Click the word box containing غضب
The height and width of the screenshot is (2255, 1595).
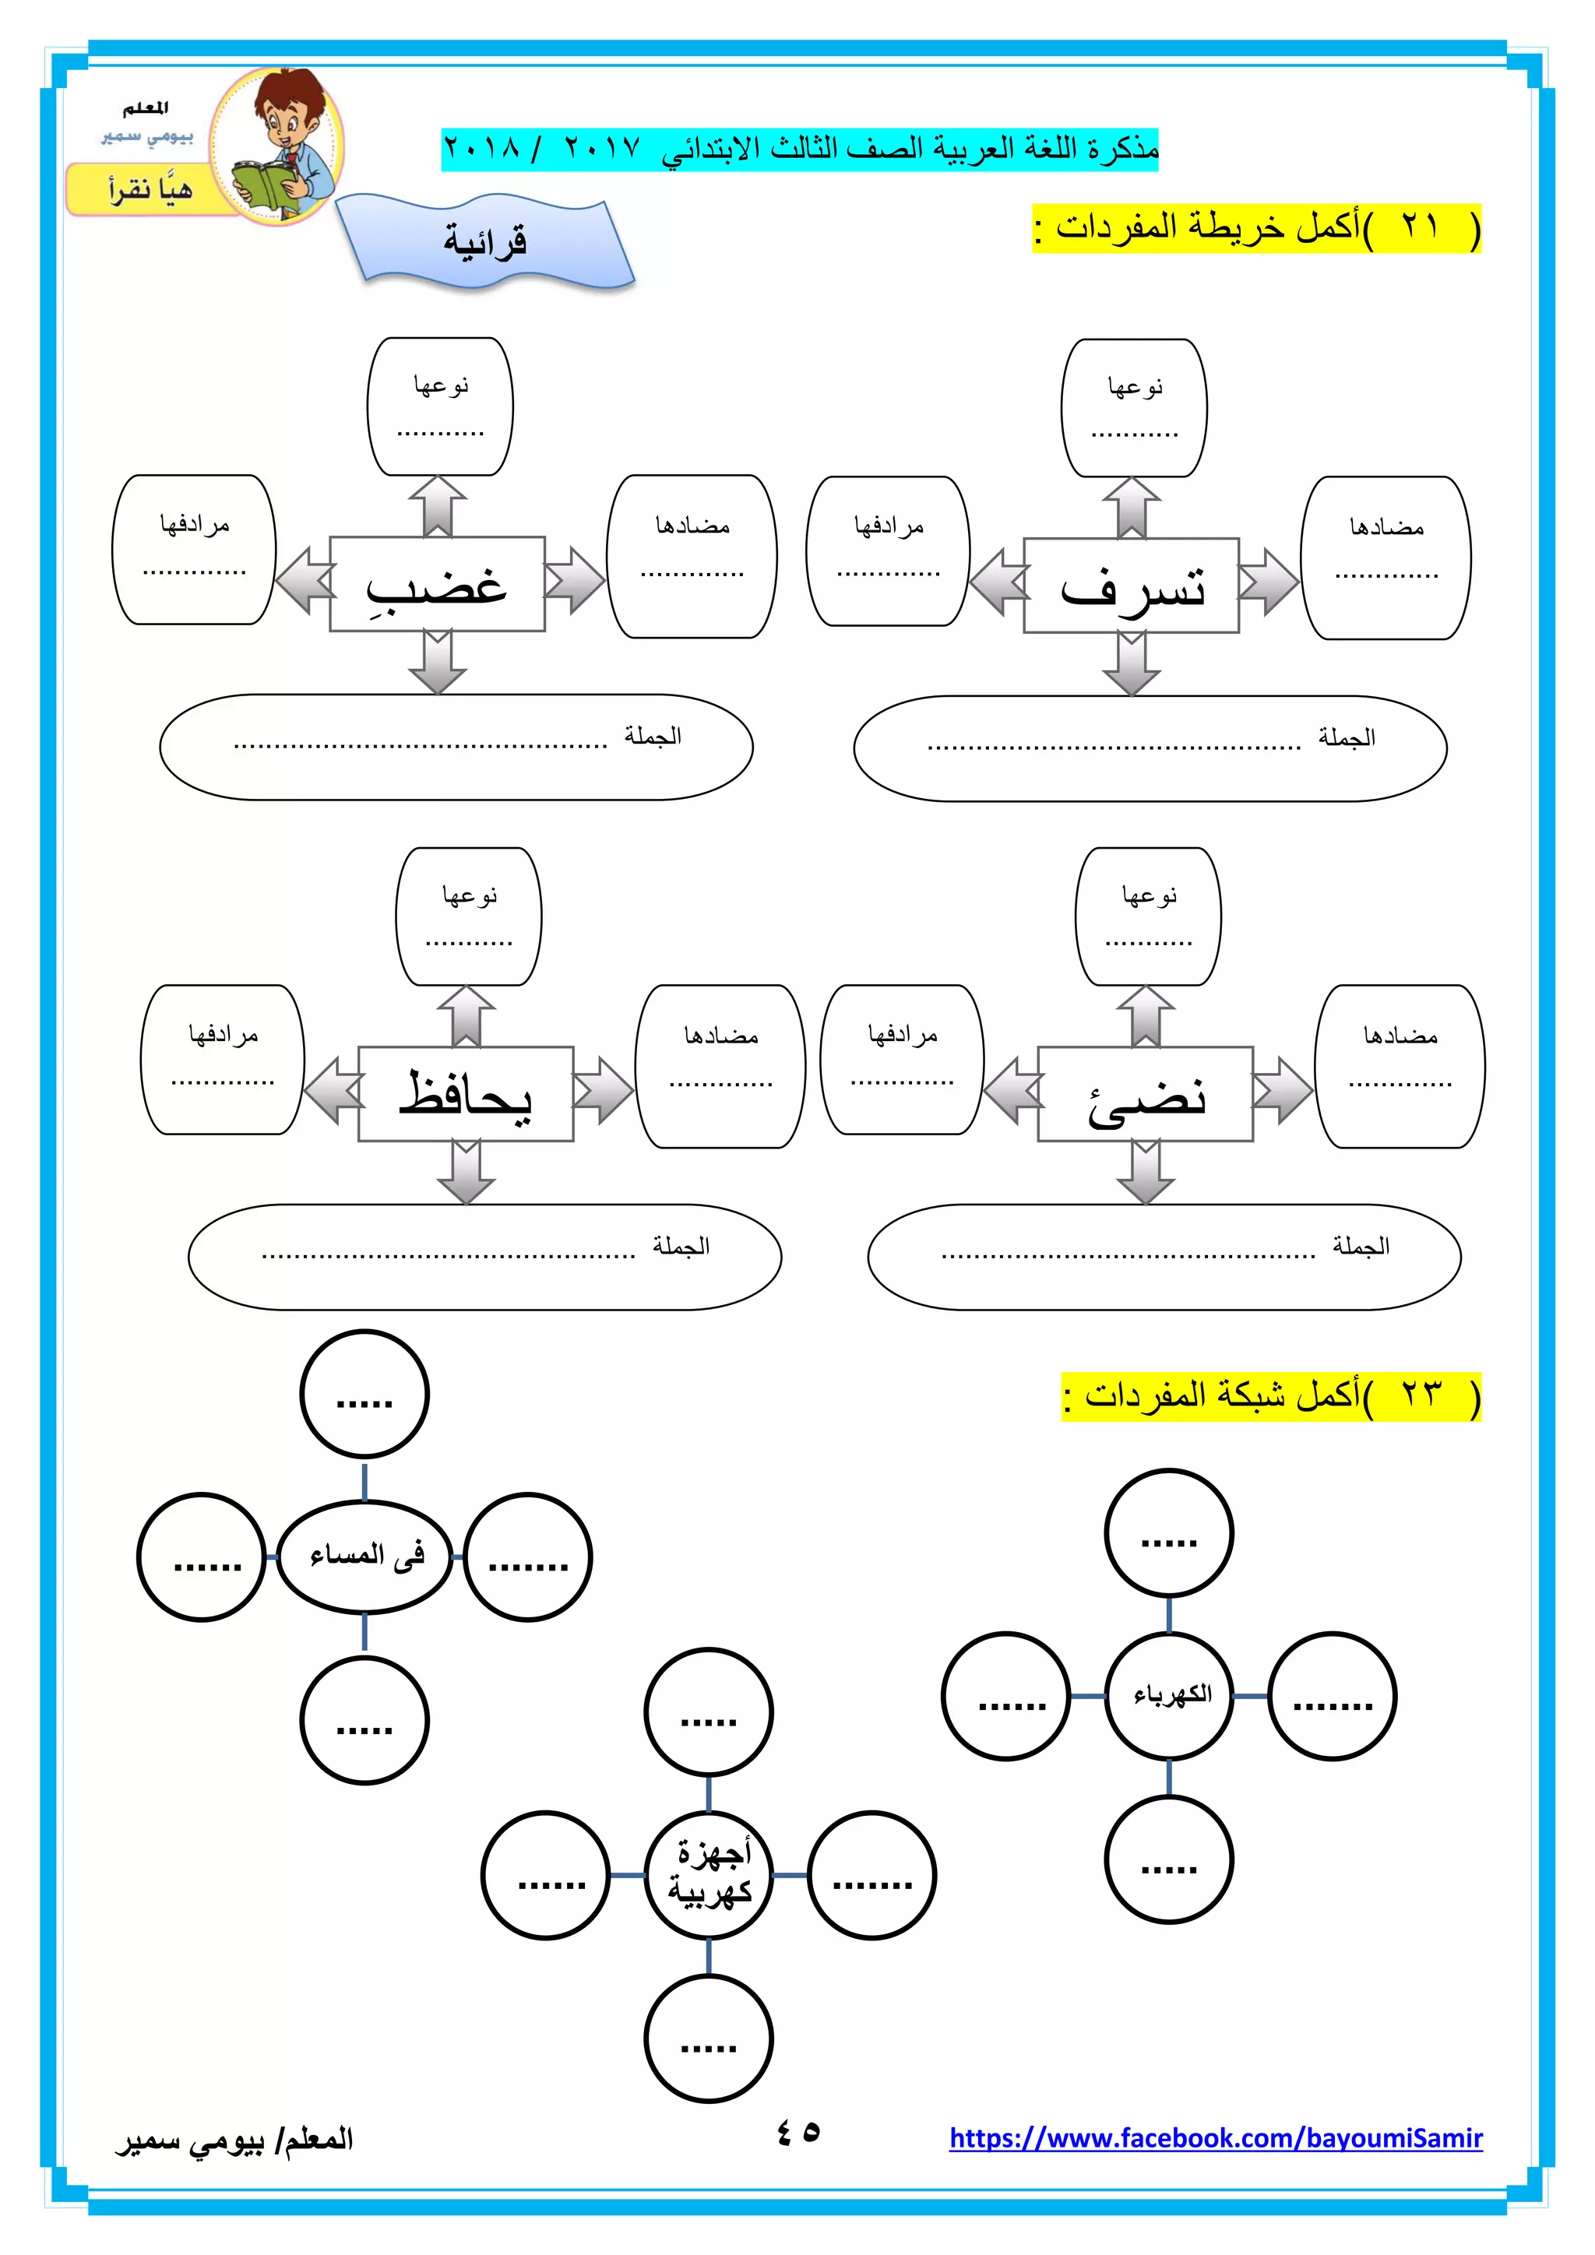point(437,583)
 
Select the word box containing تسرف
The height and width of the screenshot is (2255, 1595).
point(1131,586)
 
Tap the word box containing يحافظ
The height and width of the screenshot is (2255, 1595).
point(466,1093)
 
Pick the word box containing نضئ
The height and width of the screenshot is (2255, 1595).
point(1145,1093)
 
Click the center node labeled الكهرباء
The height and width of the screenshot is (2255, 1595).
point(1169,1695)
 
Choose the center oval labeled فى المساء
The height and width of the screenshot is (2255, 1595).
point(364,1556)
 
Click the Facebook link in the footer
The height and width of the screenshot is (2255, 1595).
point(1215,2138)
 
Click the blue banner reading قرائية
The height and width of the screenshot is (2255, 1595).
point(485,241)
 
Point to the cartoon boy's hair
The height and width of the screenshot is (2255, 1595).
point(290,93)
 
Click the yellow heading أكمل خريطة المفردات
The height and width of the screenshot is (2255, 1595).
point(1256,228)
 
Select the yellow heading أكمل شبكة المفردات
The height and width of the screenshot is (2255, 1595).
point(1271,1395)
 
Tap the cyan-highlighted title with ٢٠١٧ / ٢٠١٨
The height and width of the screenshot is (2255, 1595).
point(800,150)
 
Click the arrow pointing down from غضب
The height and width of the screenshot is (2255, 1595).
point(438,662)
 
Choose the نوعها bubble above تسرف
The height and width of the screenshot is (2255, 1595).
point(1135,407)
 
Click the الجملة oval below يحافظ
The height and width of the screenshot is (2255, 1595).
point(484,1256)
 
